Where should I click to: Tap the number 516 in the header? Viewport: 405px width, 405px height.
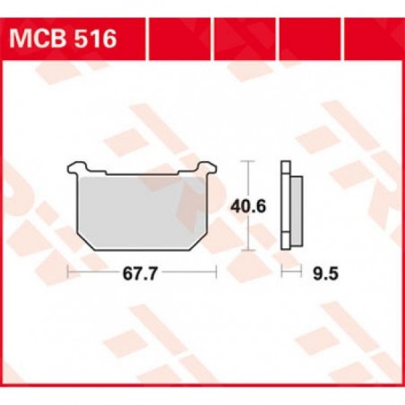point(94,39)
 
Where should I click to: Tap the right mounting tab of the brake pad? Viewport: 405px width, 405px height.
point(205,168)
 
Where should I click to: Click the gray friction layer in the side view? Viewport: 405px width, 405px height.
point(294,208)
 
